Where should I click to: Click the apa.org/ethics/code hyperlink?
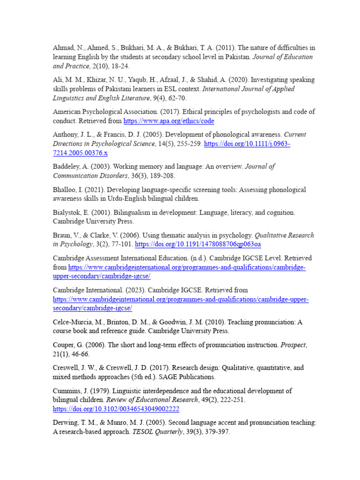tap(169, 121)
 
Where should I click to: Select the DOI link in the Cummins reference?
tap(110, 409)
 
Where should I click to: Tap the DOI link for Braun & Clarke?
tap(198, 244)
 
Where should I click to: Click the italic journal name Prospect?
tap(293, 345)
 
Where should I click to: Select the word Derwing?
tap(66, 422)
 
